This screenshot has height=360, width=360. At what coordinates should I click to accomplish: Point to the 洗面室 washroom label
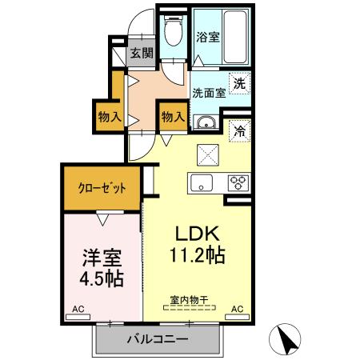click(x=208, y=92)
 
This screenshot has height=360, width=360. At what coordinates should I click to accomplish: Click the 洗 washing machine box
click(x=239, y=81)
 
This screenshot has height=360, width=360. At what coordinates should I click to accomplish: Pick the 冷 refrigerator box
click(x=239, y=131)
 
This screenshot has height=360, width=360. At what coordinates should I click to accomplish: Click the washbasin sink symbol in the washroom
click(x=206, y=122)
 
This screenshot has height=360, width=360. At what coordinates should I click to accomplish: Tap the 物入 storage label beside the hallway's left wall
click(x=110, y=117)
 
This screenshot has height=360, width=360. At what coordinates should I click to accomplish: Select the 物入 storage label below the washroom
click(x=173, y=117)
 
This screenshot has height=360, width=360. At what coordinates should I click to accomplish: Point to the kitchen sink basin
click(x=200, y=181)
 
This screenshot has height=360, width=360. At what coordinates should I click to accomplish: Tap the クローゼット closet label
click(x=102, y=189)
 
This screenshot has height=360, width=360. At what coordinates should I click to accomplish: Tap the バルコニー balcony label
click(x=157, y=340)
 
